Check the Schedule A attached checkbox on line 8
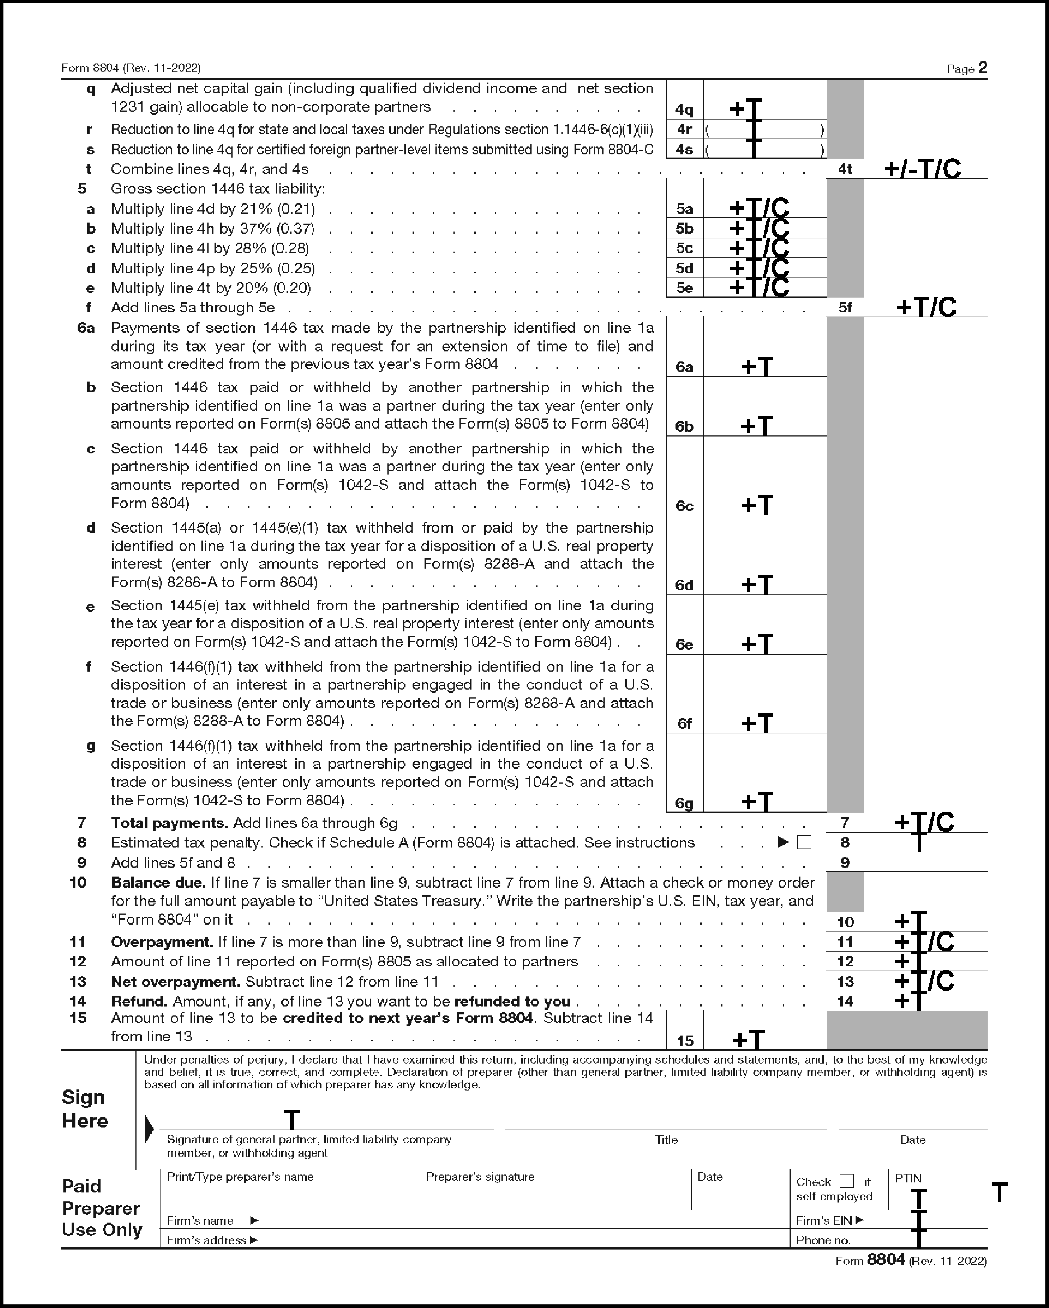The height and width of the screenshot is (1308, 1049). click(804, 843)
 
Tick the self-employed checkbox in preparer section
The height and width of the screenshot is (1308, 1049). click(846, 1181)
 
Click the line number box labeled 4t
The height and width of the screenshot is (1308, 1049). click(845, 169)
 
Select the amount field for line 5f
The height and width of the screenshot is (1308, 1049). click(926, 307)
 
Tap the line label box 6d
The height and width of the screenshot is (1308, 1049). click(684, 585)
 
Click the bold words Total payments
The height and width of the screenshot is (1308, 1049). click(170, 823)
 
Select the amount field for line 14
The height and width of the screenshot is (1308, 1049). click(926, 1001)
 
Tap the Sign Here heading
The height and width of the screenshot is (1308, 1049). click(84, 1109)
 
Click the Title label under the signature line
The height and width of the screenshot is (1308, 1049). click(666, 1140)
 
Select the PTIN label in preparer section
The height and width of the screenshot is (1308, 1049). click(908, 1178)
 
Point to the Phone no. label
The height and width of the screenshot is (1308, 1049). click(823, 1240)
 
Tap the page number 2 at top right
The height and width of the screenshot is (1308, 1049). click(982, 68)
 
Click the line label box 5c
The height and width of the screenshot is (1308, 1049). click(684, 248)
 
